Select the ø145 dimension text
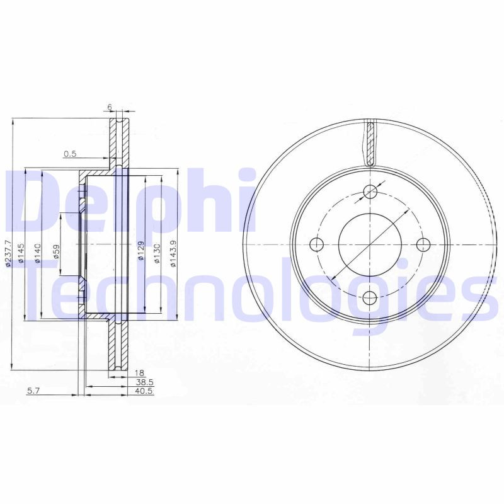coord(21,252)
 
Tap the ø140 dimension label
coord(38,252)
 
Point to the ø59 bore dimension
coord(56,251)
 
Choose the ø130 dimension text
coord(157,251)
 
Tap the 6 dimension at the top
coord(110,107)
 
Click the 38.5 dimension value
coord(146,382)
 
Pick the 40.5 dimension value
coord(146,391)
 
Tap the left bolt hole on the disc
coord(318,244)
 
